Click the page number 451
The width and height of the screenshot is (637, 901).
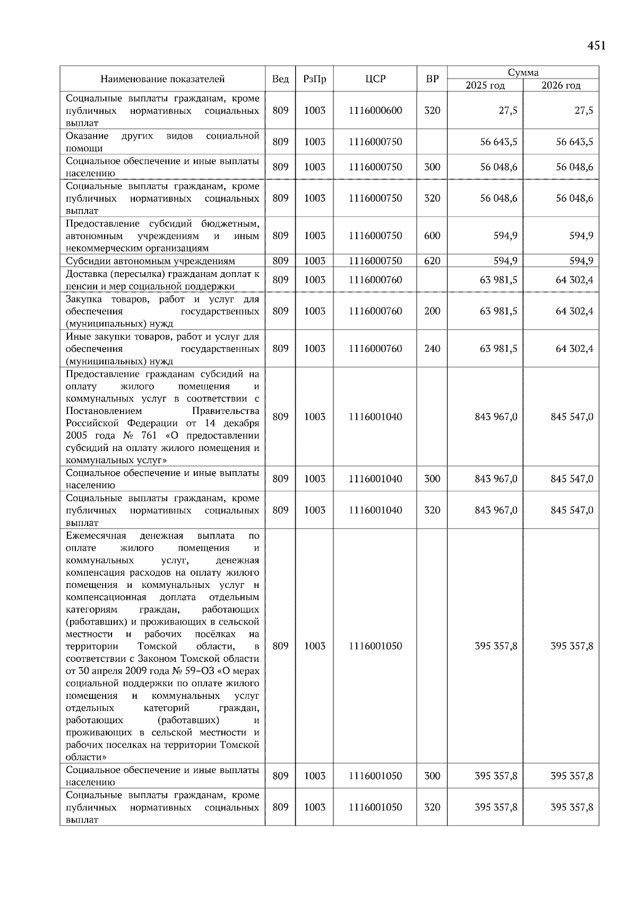(x=596, y=46)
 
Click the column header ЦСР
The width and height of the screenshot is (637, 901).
(x=375, y=79)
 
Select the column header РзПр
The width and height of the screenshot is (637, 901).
(x=314, y=79)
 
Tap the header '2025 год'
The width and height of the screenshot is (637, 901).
(x=485, y=85)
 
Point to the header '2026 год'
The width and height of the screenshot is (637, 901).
(x=561, y=85)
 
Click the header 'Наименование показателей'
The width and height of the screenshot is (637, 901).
(x=162, y=79)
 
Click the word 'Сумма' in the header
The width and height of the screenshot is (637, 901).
(x=523, y=73)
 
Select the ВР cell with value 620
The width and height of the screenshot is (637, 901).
(x=432, y=261)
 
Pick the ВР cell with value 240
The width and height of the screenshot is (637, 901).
(x=432, y=349)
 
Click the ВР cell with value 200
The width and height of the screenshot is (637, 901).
(x=432, y=311)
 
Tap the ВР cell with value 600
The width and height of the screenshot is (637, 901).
(x=432, y=236)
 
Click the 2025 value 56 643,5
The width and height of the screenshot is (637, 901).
(x=498, y=142)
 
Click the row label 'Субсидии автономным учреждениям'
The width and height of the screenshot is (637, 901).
(x=150, y=261)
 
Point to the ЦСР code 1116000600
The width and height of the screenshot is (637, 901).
(x=375, y=110)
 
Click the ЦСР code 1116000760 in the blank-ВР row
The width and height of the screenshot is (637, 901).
(x=375, y=280)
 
